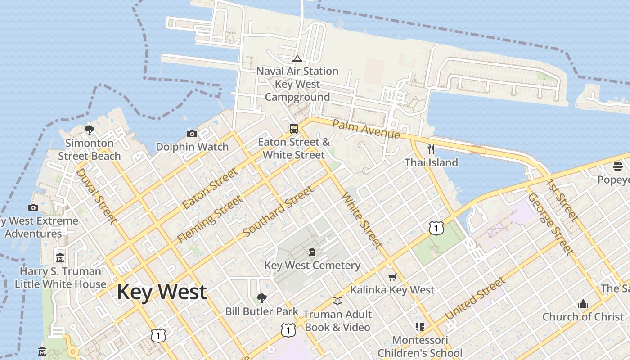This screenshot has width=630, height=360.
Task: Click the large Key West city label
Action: click(x=162, y=292)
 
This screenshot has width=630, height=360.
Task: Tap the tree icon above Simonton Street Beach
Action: click(x=90, y=130)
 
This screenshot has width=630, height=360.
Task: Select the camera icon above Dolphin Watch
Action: click(x=192, y=134)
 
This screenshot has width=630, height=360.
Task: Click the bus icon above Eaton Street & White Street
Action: click(x=294, y=129)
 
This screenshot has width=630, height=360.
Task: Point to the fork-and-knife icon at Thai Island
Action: click(x=431, y=149)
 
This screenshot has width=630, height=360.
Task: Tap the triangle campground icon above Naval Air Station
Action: click(x=297, y=58)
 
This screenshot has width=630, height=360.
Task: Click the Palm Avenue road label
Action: click(x=366, y=129)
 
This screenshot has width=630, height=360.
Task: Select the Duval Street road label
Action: click(x=96, y=196)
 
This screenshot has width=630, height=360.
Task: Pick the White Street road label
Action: click(x=362, y=220)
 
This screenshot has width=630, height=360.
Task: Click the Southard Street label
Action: click(x=278, y=212)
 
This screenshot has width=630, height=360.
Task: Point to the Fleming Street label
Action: click(x=210, y=219)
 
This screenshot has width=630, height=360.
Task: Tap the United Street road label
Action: click(x=475, y=299)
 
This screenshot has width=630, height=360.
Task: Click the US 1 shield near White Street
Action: click(x=436, y=228)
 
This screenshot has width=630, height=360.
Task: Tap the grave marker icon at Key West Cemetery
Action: click(x=312, y=252)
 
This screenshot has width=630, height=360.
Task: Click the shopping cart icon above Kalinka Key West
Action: click(x=392, y=277)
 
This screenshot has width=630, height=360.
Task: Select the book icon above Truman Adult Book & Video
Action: click(x=337, y=301)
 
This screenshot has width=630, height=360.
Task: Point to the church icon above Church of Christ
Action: click(x=583, y=304)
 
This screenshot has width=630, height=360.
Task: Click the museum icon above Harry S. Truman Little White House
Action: click(x=60, y=258)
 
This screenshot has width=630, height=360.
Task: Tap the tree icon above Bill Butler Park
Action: click(x=261, y=298)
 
